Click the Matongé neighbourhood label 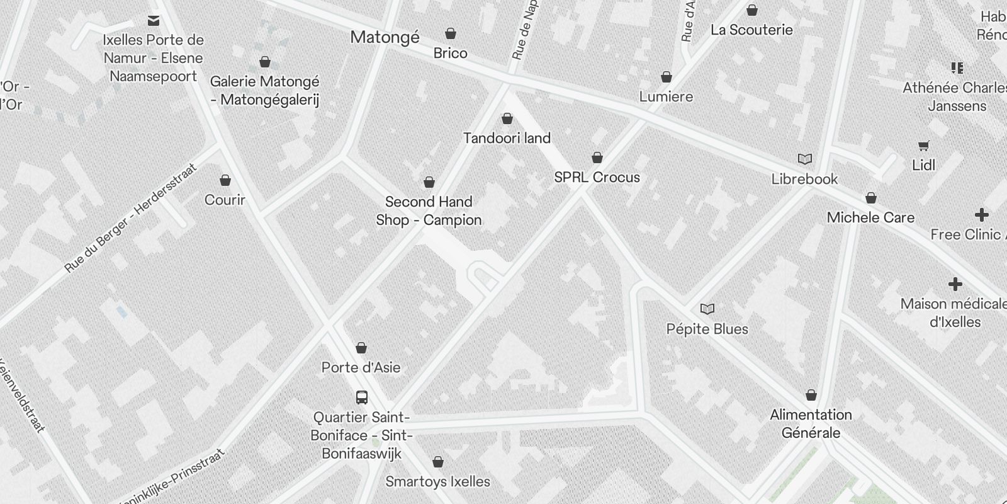[x=385, y=37]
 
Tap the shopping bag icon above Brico [x=451, y=33]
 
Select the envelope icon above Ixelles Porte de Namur [x=154, y=21]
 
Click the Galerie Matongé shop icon [x=265, y=62]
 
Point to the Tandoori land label [x=507, y=138]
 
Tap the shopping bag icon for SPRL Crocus [x=597, y=157]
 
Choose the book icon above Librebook [x=804, y=159]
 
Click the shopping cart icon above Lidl [x=923, y=146]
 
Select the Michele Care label [x=870, y=218]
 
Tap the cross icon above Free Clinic [x=981, y=215]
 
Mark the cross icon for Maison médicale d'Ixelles [x=955, y=284]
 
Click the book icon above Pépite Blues [x=707, y=309]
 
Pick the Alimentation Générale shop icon [x=811, y=395]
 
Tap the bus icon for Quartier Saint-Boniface [x=362, y=398]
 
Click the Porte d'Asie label [x=361, y=367]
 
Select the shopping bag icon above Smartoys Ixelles [x=438, y=462]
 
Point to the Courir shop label [x=225, y=200]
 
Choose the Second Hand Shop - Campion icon [x=429, y=183]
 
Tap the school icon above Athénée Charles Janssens [x=957, y=68]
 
